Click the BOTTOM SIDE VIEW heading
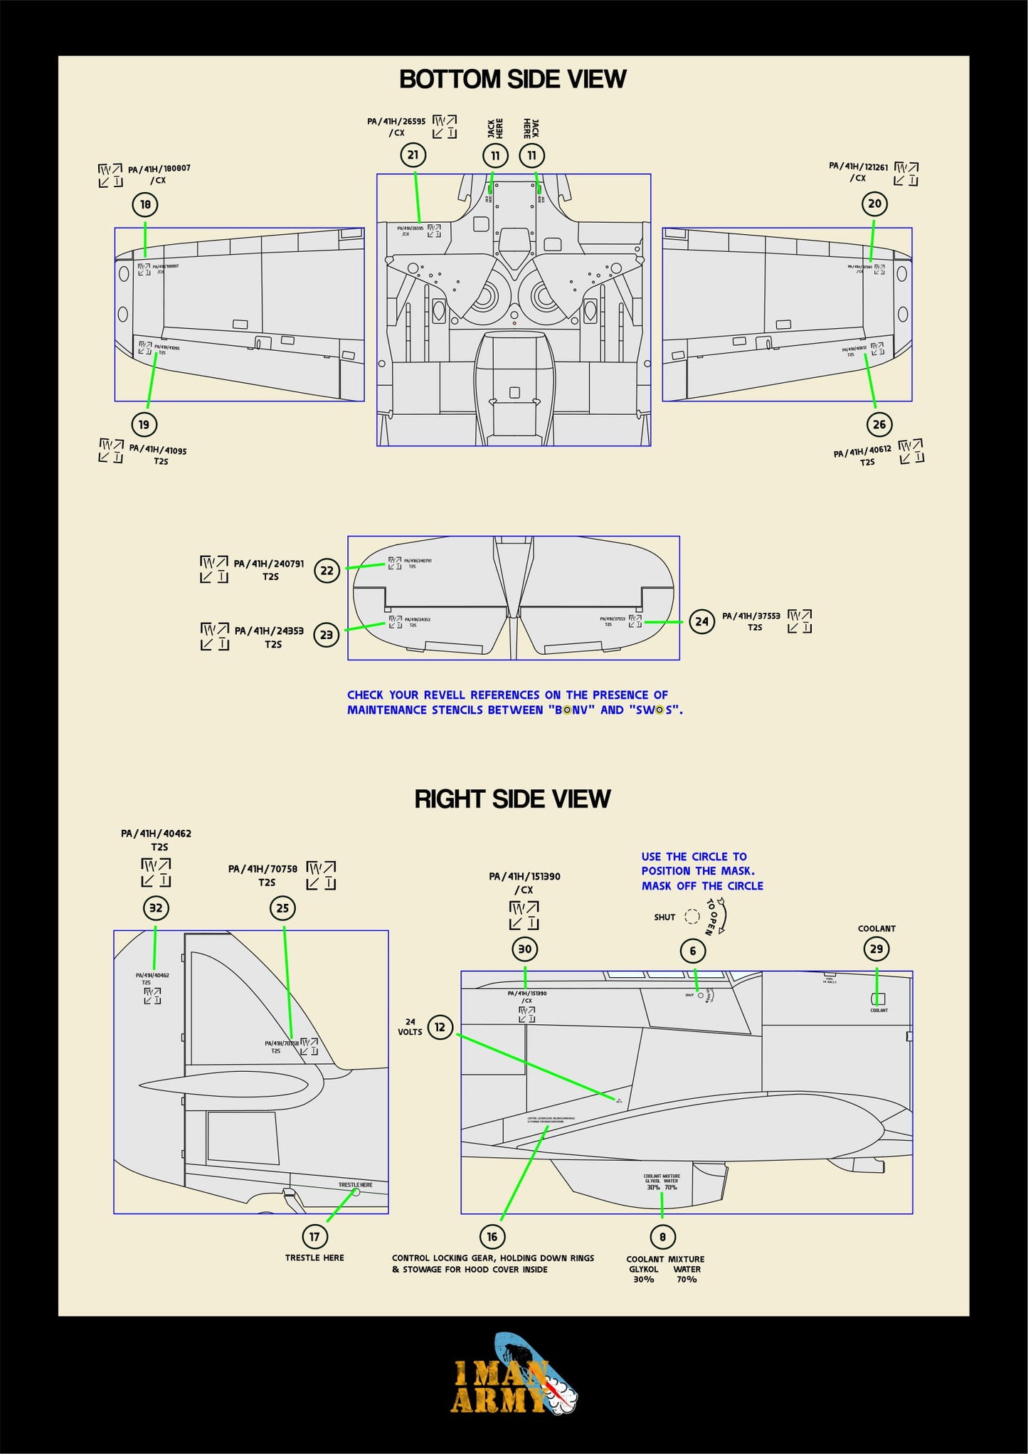click(512, 79)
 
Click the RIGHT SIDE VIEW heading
click(512, 799)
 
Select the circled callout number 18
click(145, 205)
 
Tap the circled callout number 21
click(413, 155)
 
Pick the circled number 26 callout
click(879, 425)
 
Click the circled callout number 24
click(701, 621)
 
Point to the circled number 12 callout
click(440, 1027)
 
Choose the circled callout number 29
click(876, 949)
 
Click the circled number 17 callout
click(314, 1236)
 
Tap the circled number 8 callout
click(662, 1236)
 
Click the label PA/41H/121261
click(858, 167)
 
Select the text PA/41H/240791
click(269, 564)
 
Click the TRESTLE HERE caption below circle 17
click(314, 1258)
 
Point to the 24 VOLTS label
click(410, 1027)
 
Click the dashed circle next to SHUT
click(691, 917)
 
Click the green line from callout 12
click(534, 1066)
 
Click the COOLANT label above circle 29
click(876, 929)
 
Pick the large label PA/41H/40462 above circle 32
click(156, 833)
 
